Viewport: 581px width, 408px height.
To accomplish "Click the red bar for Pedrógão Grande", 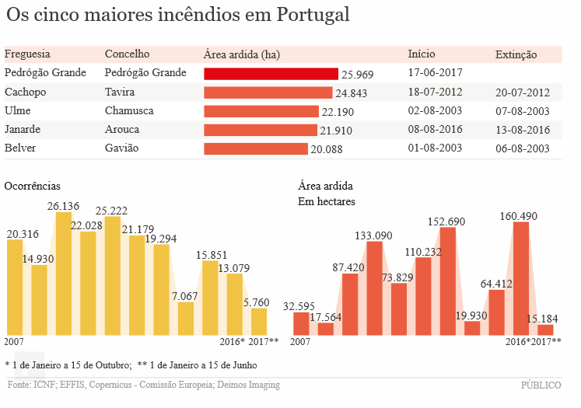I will coord(271,74).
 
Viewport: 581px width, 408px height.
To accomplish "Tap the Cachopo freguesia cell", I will coord(26,92).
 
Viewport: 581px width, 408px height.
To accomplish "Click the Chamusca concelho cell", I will coord(129,111).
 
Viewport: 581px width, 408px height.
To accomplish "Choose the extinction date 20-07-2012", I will coord(522,92).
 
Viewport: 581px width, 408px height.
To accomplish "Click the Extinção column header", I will coord(516,54).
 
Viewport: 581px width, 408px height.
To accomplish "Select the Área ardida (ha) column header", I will coord(241,54).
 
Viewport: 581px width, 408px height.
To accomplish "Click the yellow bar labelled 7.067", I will coord(186,319).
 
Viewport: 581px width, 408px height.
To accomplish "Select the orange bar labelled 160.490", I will coord(521,278).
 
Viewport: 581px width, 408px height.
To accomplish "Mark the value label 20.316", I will coord(23,234).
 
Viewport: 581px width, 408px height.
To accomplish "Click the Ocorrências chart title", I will coord(32,187).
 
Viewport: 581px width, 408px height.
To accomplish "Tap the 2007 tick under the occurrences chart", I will coord(15,342).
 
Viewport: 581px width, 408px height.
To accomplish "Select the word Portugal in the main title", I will coord(307,16).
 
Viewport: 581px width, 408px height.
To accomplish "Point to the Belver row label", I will coord(20,148).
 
